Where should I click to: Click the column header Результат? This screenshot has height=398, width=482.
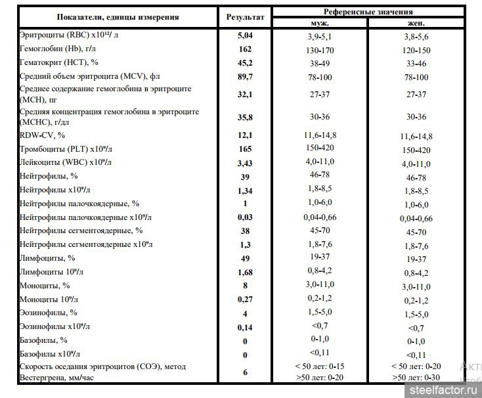(x=245, y=17)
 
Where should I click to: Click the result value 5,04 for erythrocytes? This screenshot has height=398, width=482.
(x=245, y=36)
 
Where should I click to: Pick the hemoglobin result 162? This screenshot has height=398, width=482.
(x=245, y=49)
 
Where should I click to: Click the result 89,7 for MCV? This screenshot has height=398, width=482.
(x=245, y=77)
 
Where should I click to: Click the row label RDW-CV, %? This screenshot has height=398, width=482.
(x=43, y=135)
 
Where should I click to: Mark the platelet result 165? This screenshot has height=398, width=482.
(x=245, y=149)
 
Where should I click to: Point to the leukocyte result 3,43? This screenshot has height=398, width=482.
(x=245, y=162)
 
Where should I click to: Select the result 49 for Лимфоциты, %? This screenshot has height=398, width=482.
(x=245, y=258)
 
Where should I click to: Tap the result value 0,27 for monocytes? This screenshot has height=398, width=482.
(x=245, y=299)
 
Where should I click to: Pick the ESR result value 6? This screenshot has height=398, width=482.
(x=245, y=372)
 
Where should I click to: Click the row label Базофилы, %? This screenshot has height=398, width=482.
(x=43, y=340)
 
